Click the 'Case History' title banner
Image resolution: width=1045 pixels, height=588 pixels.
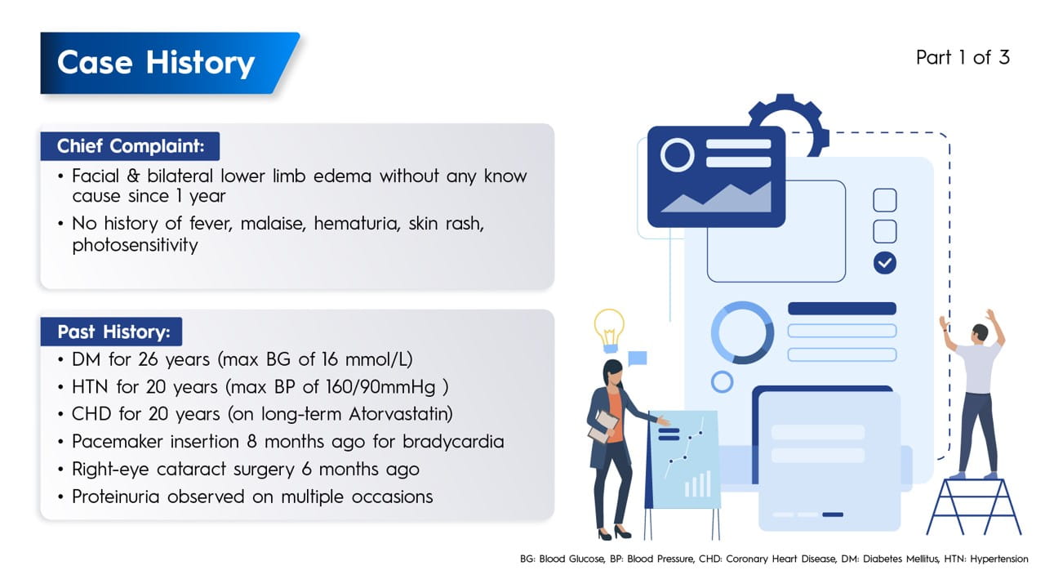point(170,63)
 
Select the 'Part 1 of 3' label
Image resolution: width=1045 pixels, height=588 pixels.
point(963,58)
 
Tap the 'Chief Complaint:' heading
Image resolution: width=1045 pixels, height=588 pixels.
point(130,146)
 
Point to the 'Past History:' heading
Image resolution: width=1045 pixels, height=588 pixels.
point(112,332)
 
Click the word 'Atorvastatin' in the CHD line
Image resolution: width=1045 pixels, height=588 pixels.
point(400,414)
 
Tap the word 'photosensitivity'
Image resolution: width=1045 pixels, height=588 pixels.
point(135,245)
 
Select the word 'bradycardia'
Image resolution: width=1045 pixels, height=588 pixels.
point(453,442)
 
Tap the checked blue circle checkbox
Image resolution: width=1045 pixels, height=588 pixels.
point(884,263)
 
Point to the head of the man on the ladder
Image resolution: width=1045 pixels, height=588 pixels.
point(980,332)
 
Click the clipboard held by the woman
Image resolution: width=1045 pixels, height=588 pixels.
point(603,426)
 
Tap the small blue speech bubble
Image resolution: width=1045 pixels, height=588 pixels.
point(638,359)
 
